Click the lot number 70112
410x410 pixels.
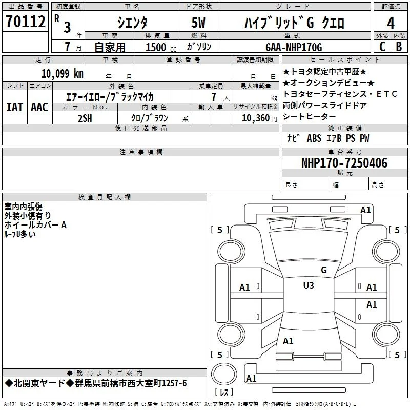coord(25,21)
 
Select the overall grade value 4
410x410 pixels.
coord(391,24)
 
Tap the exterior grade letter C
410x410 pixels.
coord(382,47)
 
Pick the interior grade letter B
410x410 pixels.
coord(399,47)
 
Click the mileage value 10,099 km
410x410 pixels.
coord(63,74)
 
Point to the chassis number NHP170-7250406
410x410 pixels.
coord(344,163)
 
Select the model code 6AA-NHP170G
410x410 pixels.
coord(294,47)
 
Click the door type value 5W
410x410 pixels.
coord(198,23)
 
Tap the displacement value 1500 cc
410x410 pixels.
coord(161,47)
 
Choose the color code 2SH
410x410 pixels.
coord(85,118)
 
